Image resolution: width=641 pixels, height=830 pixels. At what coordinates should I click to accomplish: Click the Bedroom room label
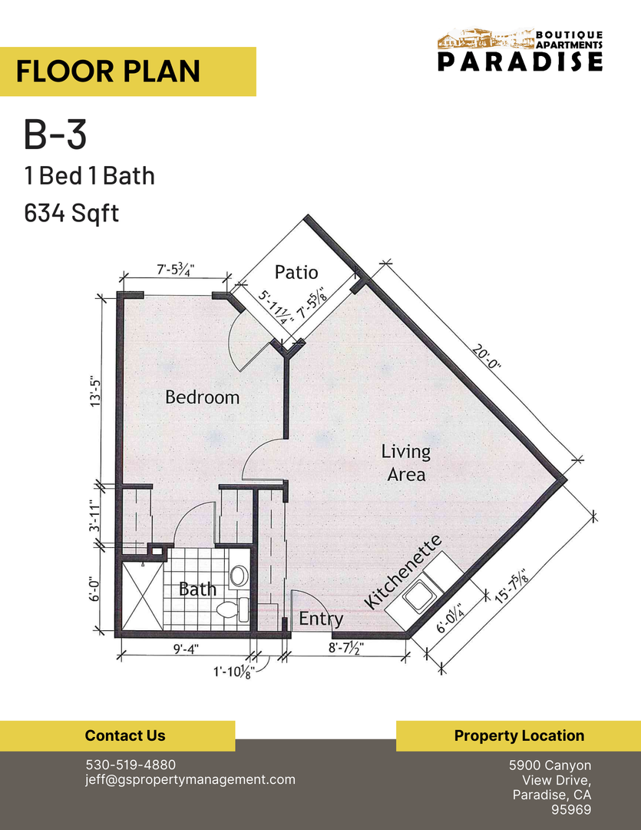203,397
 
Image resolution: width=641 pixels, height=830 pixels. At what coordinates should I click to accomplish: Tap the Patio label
296,273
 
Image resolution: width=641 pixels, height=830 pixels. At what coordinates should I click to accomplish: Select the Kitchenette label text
403,573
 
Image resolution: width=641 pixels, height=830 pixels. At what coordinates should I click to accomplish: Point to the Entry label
321,619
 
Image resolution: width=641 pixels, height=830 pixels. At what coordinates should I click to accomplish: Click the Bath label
197,589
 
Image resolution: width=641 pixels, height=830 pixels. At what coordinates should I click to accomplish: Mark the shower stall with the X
139,596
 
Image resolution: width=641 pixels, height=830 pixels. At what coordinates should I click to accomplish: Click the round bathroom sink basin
239,576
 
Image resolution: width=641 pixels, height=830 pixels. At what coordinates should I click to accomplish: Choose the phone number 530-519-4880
130,765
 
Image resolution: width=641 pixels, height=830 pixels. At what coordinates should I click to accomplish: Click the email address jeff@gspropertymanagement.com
190,779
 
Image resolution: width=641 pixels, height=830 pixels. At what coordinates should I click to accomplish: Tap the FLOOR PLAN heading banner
127,71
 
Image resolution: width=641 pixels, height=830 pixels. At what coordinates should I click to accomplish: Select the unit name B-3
55,135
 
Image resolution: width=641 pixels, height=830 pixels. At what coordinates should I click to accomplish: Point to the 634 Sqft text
71,212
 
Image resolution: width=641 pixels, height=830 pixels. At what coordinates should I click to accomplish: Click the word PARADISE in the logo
520,62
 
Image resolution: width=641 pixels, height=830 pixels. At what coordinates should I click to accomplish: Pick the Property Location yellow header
518,735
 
